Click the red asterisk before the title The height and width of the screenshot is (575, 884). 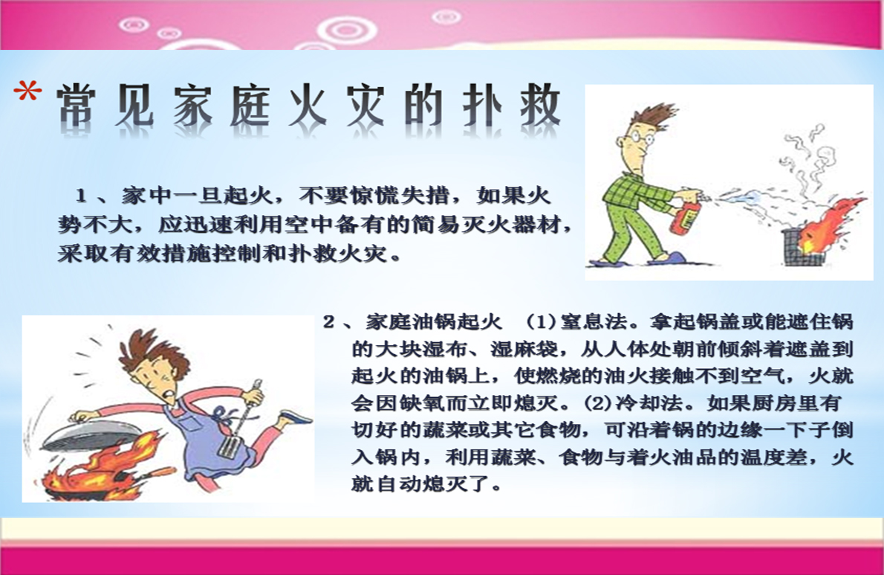click(x=27, y=91)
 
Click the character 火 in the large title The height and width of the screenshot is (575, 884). click(x=308, y=106)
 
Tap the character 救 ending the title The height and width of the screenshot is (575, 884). click(x=540, y=106)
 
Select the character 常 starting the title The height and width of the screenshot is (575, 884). click(x=76, y=106)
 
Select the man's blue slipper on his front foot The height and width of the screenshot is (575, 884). click(x=668, y=259)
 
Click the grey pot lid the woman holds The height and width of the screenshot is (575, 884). click(x=90, y=431)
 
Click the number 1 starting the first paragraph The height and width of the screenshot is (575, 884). click(x=81, y=196)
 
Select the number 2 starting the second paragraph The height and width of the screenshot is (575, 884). click(x=328, y=322)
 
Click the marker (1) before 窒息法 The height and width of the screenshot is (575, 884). click(x=542, y=322)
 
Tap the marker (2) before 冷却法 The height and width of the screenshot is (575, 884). click(x=598, y=403)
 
